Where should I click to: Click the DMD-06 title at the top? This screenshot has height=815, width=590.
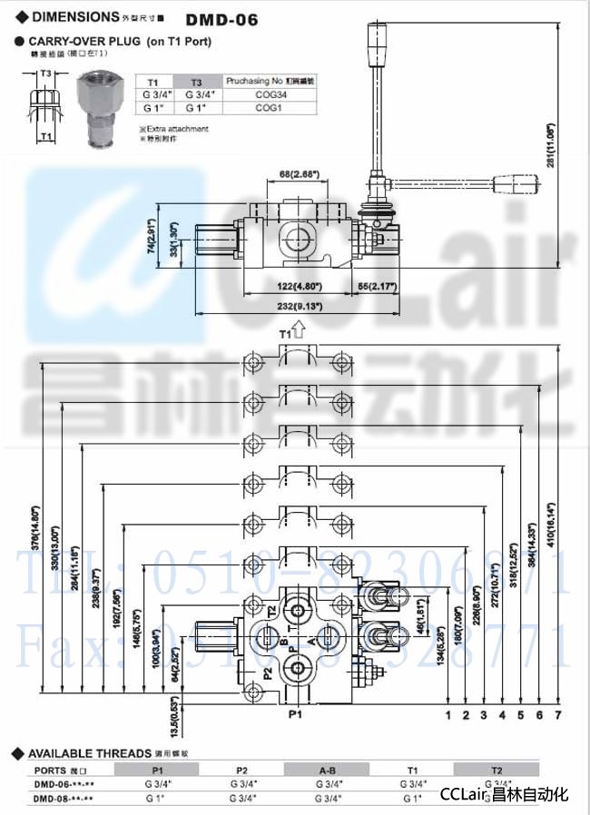(x=222, y=17)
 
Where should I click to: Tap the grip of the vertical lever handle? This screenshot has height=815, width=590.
(x=372, y=41)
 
